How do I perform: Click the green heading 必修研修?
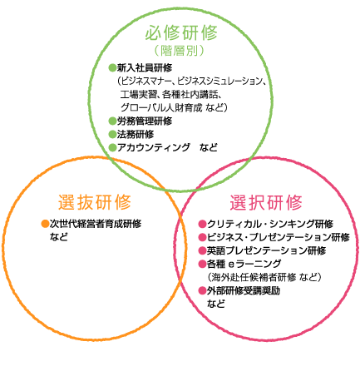181,32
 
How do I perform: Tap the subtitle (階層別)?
180,51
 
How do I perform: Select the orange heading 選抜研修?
95,202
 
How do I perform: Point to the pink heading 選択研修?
266,202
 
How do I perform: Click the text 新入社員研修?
145,67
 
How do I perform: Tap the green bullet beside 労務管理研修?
112,121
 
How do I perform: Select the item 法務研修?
136,134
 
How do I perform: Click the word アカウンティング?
154,147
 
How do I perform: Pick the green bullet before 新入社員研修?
112,67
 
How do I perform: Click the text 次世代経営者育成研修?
96,224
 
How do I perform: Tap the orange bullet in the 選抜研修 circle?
45,224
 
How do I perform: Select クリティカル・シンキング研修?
270,224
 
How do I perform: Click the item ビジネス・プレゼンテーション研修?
279,237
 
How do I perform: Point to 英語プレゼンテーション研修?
266,250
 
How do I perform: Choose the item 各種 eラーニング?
244,264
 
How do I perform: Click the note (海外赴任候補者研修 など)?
264,277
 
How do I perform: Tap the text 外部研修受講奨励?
244,290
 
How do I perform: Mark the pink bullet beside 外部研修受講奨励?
203,290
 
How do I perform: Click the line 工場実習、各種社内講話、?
171,94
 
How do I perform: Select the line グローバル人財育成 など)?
174,107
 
